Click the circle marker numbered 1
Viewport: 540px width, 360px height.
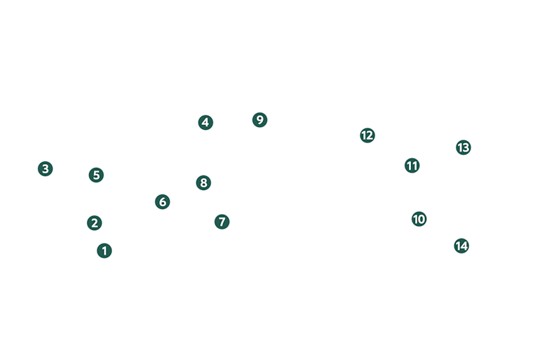[104, 251]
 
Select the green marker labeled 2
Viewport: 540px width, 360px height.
[95, 223]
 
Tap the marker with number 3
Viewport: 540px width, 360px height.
[46, 169]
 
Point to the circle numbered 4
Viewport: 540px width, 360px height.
[205, 122]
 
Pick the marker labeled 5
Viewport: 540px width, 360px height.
[97, 175]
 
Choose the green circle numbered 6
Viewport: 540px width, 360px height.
[163, 202]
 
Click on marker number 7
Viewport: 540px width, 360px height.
[222, 222]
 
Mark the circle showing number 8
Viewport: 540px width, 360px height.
[203, 182]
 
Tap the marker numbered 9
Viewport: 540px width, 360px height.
[260, 120]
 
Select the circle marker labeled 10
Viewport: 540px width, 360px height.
[419, 219]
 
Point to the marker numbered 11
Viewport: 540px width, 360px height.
[412, 166]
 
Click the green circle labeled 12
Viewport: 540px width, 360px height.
[367, 135]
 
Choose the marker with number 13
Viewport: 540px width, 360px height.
[464, 147]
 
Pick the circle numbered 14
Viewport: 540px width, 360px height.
[461, 246]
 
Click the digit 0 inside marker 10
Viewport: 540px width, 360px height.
[421, 219]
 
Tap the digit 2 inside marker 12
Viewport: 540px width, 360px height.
[370, 135]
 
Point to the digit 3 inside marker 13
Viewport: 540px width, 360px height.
[466, 147]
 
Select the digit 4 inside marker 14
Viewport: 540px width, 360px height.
[464, 246]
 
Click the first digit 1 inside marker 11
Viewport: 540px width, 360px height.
[410, 166]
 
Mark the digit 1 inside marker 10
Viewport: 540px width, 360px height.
[415, 219]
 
